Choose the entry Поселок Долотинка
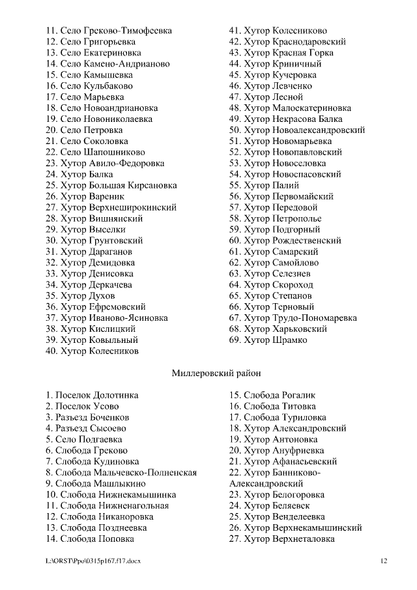[x=92, y=395]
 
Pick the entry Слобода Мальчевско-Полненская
[x=121, y=473]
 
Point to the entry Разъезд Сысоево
[x=86, y=428]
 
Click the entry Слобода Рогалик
[x=272, y=395]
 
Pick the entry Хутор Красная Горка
[x=280, y=53]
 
